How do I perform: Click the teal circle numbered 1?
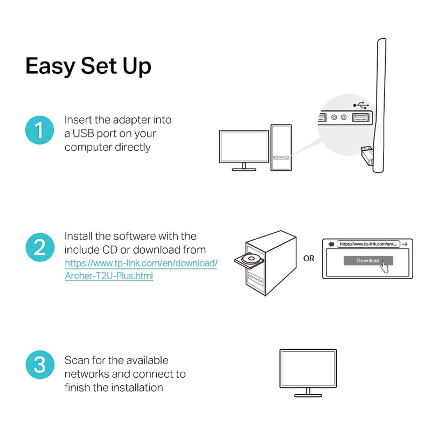point(39,130)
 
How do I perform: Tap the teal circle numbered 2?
point(40,247)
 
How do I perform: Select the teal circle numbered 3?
point(40,365)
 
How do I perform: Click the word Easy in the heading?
point(50,66)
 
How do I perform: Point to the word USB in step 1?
point(83,134)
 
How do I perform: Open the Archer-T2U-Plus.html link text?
point(109,276)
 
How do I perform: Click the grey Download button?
point(368,261)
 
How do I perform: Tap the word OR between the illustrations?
point(309,259)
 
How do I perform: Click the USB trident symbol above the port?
point(360,105)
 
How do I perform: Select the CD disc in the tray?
point(251,259)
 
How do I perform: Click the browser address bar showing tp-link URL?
point(369,244)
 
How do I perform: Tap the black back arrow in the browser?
point(331,244)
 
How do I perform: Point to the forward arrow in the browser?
point(405,244)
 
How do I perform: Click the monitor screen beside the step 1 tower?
point(244,147)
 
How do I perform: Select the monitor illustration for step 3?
point(308,373)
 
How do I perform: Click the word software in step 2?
point(134,237)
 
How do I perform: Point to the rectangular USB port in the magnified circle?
point(360,117)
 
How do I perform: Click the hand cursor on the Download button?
point(384,266)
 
